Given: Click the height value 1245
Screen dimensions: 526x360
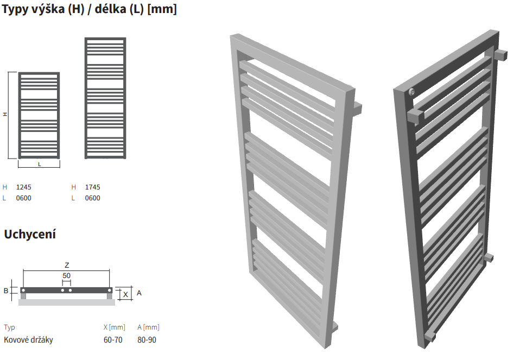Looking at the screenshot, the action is pyautogui.click(x=23, y=187).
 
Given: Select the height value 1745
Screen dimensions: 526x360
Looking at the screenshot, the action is pyautogui.click(x=93, y=187).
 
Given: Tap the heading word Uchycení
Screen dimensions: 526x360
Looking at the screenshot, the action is pyautogui.click(x=30, y=234).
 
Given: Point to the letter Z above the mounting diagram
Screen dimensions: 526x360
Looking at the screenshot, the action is pyautogui.click(x=67, y=265).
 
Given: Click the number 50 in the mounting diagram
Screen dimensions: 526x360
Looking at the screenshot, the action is pyautogui.click(x=66, y=275).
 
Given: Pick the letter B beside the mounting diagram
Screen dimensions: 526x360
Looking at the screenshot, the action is pyautogui.click(x=6, y=290).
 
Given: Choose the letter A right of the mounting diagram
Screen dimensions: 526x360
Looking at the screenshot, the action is pyautogui.click(x=139, y=293).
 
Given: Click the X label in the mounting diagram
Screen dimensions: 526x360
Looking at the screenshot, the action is pyautogui.click(x=125, y=295).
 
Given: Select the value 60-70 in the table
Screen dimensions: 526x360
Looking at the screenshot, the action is pyautogui.click(x=113, y=340).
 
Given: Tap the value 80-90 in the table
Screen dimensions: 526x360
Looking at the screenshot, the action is pyautogui.click(x=147, y=340).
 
